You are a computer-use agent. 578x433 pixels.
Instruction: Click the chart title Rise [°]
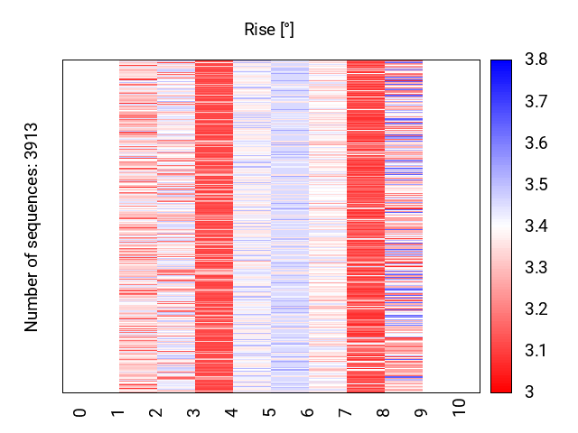tap(269, 30)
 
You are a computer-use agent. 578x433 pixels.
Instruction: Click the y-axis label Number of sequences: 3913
tap(33, 227)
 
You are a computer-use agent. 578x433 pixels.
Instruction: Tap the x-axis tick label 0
tap(80, 411)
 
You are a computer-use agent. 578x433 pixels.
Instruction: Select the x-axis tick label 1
tap(118, 411)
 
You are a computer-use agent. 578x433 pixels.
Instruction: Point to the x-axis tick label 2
tap(156, 411)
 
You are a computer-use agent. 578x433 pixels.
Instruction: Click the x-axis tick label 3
tap(194, 411)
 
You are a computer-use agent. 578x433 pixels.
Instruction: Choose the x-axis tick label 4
tap(232, 411)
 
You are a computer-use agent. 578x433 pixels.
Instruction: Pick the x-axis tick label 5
tap(270, 411)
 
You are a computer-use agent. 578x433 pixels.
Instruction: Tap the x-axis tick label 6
tap(308, 411)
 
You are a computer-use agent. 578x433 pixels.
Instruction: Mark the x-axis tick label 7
tap(346, 411)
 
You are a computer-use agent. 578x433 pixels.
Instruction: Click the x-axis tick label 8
tap(384, 411)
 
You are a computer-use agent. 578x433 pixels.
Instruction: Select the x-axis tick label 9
tap(422, 411)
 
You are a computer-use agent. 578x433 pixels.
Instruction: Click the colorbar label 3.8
tap(536, 60)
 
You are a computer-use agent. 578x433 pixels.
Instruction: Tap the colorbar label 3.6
tap(536, 143)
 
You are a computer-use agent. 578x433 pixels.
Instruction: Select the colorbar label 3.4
tap(536, 226)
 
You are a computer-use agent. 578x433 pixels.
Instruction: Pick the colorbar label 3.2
tap(536, 309)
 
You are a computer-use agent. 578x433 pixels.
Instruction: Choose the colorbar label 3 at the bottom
tap(529, 392)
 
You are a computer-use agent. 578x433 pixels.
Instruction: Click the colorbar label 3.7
tap(536, 102)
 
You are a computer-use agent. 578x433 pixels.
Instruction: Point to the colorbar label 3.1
tap(536, 351)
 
